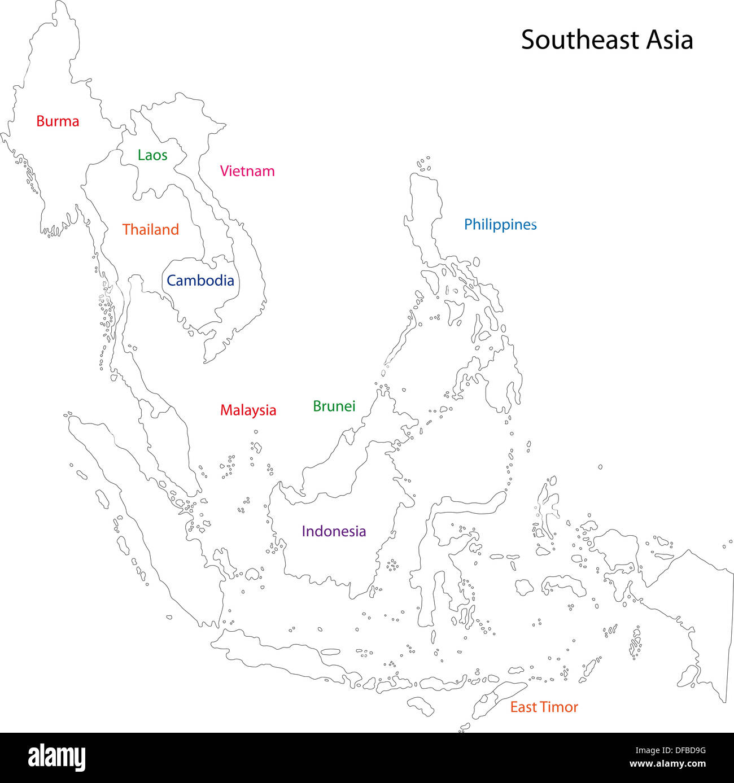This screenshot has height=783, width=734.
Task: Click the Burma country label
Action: [58, 121]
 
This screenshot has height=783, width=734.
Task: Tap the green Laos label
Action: [152, 155]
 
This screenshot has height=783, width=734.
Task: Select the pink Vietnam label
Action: [247, 171]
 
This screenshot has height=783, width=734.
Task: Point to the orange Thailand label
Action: [151, 230]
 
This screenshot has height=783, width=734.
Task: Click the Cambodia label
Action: [200, 281]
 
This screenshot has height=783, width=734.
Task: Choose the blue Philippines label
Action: [500, 225]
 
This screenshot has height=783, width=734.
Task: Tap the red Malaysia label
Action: [248, 410]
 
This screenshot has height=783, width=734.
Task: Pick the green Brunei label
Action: [334, 406]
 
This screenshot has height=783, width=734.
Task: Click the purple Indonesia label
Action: [334, 531]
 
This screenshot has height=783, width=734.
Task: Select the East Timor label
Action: [544, 707]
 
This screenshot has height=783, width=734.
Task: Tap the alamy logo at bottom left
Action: [57, 757]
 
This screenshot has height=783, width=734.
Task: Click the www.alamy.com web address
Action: [667, 764]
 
